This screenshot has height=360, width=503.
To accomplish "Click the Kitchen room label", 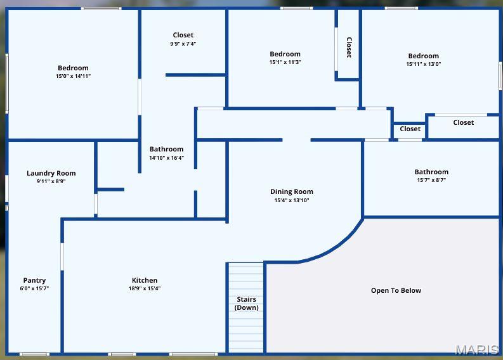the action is pyautogui.click(x=145, y=280).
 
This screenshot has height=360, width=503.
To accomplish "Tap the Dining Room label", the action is pyautogui.click(x=292, y=191).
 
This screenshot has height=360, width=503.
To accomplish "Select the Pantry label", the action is pyautogui.click(x=34, y=281).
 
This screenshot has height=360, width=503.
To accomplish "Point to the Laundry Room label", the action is pyautogui.click(x=51, y=173).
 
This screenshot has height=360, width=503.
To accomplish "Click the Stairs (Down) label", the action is pyautogui.click(x=246, y=303).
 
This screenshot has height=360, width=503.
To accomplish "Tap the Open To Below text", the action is pyautogui.click(x=396, y=290).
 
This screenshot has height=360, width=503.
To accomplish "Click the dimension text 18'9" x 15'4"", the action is pyautogui.click(x=145, y=288).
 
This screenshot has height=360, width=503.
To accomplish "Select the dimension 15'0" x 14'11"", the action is pyautogui.click(x=73, y=76).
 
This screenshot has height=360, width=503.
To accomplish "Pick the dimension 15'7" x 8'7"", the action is pyautogui.click(x=431, y=180).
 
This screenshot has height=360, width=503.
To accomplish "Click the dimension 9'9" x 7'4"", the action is pyautogui.click(x=183, y=44).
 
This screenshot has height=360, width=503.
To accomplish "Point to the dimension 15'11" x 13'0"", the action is pyautogui.click(x=424, y=64).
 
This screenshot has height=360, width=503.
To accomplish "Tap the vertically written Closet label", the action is pyautogui.click(x=349, y=48).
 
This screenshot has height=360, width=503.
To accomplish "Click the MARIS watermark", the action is pyautogui.click(x=477, y=350).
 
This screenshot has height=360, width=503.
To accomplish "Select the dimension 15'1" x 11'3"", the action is pyautogui.click(x=285, y=62).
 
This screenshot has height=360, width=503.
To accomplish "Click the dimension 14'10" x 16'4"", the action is pyautogui.click(x=166, y=158).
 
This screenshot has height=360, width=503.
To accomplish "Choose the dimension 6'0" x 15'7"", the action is pyautogui.click(x=34, y=288).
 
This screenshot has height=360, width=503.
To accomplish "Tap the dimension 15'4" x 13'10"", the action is pyautogui.click(x=292, y=200).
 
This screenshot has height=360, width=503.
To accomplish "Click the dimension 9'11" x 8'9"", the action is pyautogui.click(x=51, y=181).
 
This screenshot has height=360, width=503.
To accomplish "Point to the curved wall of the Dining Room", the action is pyautogui.click(x=337, y=248).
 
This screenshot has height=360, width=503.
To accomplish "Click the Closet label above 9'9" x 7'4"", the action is pyautogui.click(x=183, y=35).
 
